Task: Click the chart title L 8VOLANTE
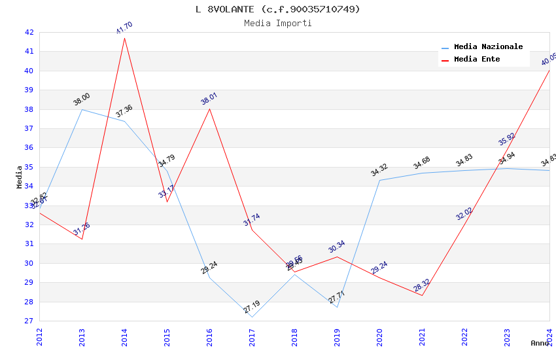[x=278, y=9]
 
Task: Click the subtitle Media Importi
[x=278, y=24]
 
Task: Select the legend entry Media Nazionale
[x=488, y=47]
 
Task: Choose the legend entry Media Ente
[x=477, y=60]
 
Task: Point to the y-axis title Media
[x=20, y=177]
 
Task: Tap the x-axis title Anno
[x=540, y=343]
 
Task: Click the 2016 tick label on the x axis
[x=209, y=337]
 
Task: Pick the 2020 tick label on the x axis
[x=379, y=337]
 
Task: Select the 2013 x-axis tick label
[x=82, y=337]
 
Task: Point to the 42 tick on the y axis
[x=29, y=32]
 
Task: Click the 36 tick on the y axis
[x=29, y=148]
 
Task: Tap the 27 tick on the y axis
[x=29, y=321]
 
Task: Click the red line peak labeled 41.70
[x=124, y=37]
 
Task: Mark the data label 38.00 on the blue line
[x=82, y=99]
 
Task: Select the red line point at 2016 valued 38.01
[x=209, y=108]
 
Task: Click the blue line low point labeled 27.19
[x=252, y=317]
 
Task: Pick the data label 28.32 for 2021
[x=422, y=286]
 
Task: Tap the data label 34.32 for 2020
[x=379, y=170]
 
